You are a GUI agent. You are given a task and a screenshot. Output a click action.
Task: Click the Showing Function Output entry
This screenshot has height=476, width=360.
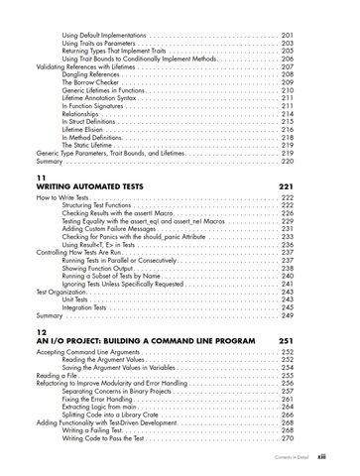(99, 268)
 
